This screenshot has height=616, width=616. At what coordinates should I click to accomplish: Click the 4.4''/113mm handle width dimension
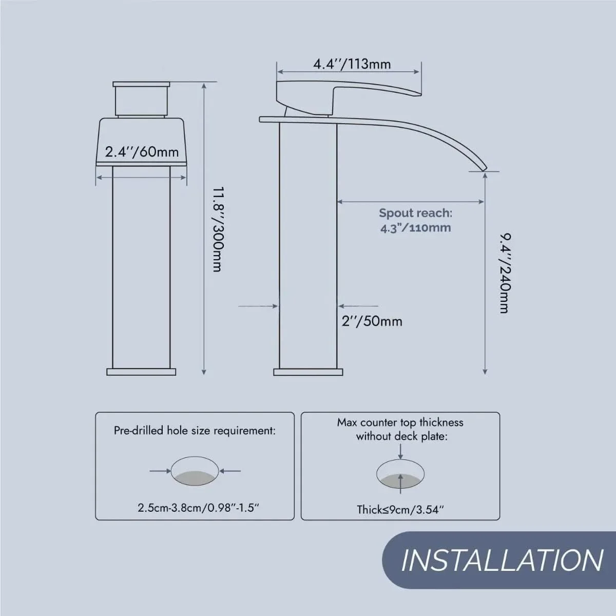352,64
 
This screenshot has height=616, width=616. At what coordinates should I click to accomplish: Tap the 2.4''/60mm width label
142,152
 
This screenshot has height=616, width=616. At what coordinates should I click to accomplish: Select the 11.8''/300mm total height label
217,229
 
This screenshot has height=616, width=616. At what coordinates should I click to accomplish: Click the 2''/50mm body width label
372,321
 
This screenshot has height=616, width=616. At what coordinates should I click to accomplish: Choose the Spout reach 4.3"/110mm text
416,221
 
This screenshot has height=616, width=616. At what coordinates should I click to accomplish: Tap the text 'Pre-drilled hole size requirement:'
195,431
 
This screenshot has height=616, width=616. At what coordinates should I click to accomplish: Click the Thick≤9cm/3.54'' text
400,510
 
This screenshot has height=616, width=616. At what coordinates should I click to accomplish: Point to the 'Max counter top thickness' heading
400,422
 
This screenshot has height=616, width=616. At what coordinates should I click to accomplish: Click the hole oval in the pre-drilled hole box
195,471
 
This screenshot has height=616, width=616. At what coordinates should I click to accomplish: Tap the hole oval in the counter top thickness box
400,474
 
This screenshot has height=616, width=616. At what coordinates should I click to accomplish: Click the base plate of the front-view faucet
141,372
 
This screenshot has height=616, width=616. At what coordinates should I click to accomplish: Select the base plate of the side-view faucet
308,372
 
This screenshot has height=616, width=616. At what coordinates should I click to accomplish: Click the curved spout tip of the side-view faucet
484,167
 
